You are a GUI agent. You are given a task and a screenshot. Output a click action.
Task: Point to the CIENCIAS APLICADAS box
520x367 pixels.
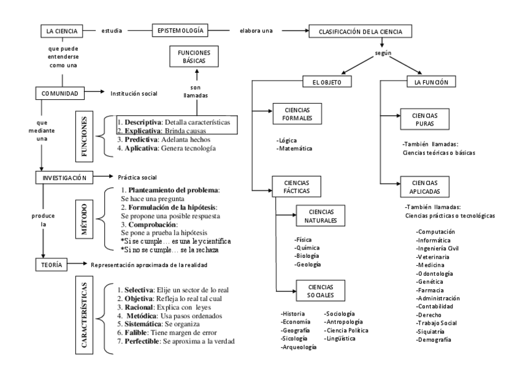point(421,186)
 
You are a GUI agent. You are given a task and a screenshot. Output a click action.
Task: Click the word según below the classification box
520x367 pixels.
point(383,53)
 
